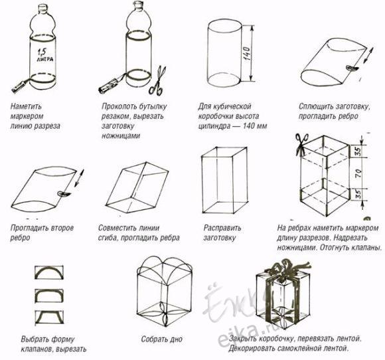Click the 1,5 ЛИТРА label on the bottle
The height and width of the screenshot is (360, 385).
click(x=45, y=56)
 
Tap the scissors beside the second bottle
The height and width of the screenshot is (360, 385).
click(x=157, y=80)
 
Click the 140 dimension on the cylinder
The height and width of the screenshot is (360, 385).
click(x=248, y=53)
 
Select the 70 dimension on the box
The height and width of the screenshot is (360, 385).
click(x=358, y=173)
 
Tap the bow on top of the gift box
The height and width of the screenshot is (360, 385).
click(x=289, y=268)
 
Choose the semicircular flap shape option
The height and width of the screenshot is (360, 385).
click(x=49, y=272)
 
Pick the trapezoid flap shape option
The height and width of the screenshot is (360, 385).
click(x=49, y=317)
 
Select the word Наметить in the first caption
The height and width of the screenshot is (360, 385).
click(x=27, y=106)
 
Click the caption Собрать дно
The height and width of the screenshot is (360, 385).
click(x=161, y=339)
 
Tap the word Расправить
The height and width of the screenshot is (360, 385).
click(x=222, y=228)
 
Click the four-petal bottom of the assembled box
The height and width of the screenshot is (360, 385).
click(x=164, y=314)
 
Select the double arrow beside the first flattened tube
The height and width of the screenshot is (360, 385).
click(x=368, y=55)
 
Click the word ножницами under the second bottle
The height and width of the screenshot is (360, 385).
click(x=121, y=136)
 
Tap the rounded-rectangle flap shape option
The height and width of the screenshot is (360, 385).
click(x=49, y=295)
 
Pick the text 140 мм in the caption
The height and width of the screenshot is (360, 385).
click(x=255, y=126)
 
